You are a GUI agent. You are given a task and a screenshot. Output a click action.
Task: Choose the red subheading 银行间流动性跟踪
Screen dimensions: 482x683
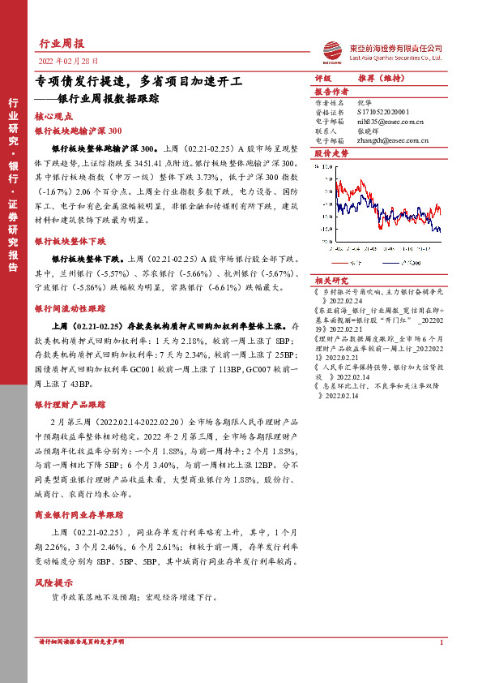(69, 309)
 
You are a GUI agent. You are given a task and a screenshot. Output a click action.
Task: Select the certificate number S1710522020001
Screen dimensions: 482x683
(385, 113)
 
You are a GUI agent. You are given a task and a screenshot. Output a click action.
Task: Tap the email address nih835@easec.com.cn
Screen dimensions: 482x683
(390, 121)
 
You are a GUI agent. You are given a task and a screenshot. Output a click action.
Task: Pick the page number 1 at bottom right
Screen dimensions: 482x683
(441, 643)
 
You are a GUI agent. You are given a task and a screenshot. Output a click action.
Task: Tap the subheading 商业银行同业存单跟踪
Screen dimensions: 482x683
(79, 515)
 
